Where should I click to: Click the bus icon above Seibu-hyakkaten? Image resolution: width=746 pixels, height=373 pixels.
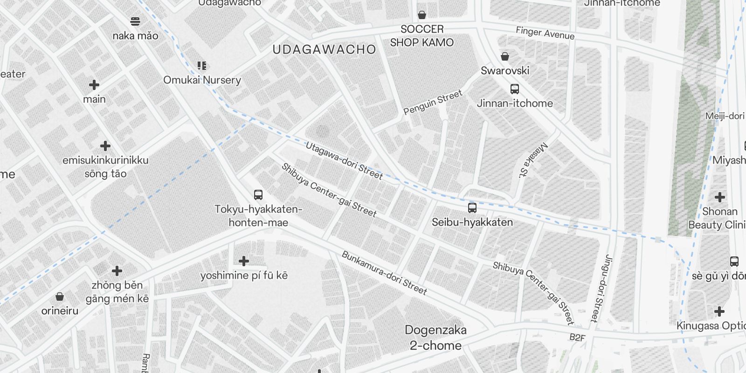(x=472, y=208)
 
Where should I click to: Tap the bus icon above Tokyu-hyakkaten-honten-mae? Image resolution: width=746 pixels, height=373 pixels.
(x=258, y=195)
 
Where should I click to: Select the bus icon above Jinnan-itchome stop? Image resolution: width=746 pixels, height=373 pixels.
(x=514, y=89)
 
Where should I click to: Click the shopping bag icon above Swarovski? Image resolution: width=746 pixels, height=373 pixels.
(x=504, y=57)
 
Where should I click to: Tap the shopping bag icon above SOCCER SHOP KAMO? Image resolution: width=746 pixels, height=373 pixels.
(x=421, y=15)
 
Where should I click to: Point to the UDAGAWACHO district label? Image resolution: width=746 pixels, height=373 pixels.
(x=324, y=49)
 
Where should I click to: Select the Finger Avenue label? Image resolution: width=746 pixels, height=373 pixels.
(x=545, y=33)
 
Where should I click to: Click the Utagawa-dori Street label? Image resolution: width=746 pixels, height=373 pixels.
(x=344, y=161)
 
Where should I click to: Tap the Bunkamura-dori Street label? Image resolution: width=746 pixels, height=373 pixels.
(x=384, y=273)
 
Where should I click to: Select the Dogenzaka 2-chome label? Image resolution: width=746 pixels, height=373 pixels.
(x=435, y=338)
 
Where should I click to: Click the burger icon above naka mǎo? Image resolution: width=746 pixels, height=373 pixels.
(x=135, y=21)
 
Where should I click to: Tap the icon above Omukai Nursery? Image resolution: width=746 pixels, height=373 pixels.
(x=201, y=66)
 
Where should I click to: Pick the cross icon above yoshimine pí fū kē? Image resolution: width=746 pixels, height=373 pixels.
(x=243, y=261)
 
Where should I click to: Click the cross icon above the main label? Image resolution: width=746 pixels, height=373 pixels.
(x=94, y=85)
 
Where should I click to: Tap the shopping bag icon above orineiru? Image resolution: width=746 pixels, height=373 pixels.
(x=59, y=297)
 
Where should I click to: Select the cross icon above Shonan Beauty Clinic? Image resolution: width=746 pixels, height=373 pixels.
(x=719, y=197)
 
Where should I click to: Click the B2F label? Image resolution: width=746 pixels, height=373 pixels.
(x=577, y=338)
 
